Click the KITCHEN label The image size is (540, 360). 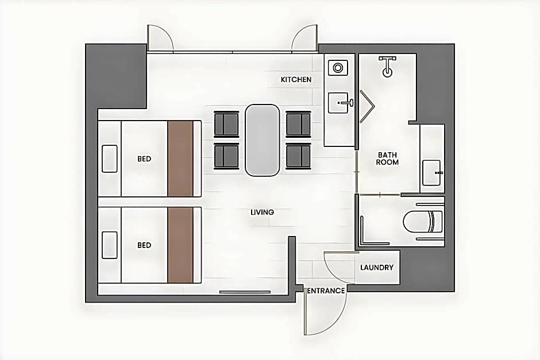pos(296,79)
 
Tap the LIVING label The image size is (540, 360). pos(262,212)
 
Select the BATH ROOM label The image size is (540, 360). pos(387,158)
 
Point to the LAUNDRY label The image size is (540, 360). pos(377,268)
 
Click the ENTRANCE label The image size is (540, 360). pos(326,291)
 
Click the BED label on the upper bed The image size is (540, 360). pos(144,158)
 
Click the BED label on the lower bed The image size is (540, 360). pos(144,245)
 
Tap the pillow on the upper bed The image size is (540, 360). pos(110,158)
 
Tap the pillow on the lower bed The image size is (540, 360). pos(110,245)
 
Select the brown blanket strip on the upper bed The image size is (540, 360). pos(180,158)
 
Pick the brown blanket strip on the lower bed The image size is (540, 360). pos(180,245)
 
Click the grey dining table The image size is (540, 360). pos(262,141)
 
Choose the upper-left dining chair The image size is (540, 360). pos(226,124)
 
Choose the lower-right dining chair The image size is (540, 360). pos(298,156)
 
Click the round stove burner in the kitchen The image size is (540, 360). pos(338,68)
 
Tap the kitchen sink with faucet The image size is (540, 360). pos(340,103)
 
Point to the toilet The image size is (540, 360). pos(423,221)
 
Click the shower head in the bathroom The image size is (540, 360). pos(387,67)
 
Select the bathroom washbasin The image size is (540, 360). pos(431,173)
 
